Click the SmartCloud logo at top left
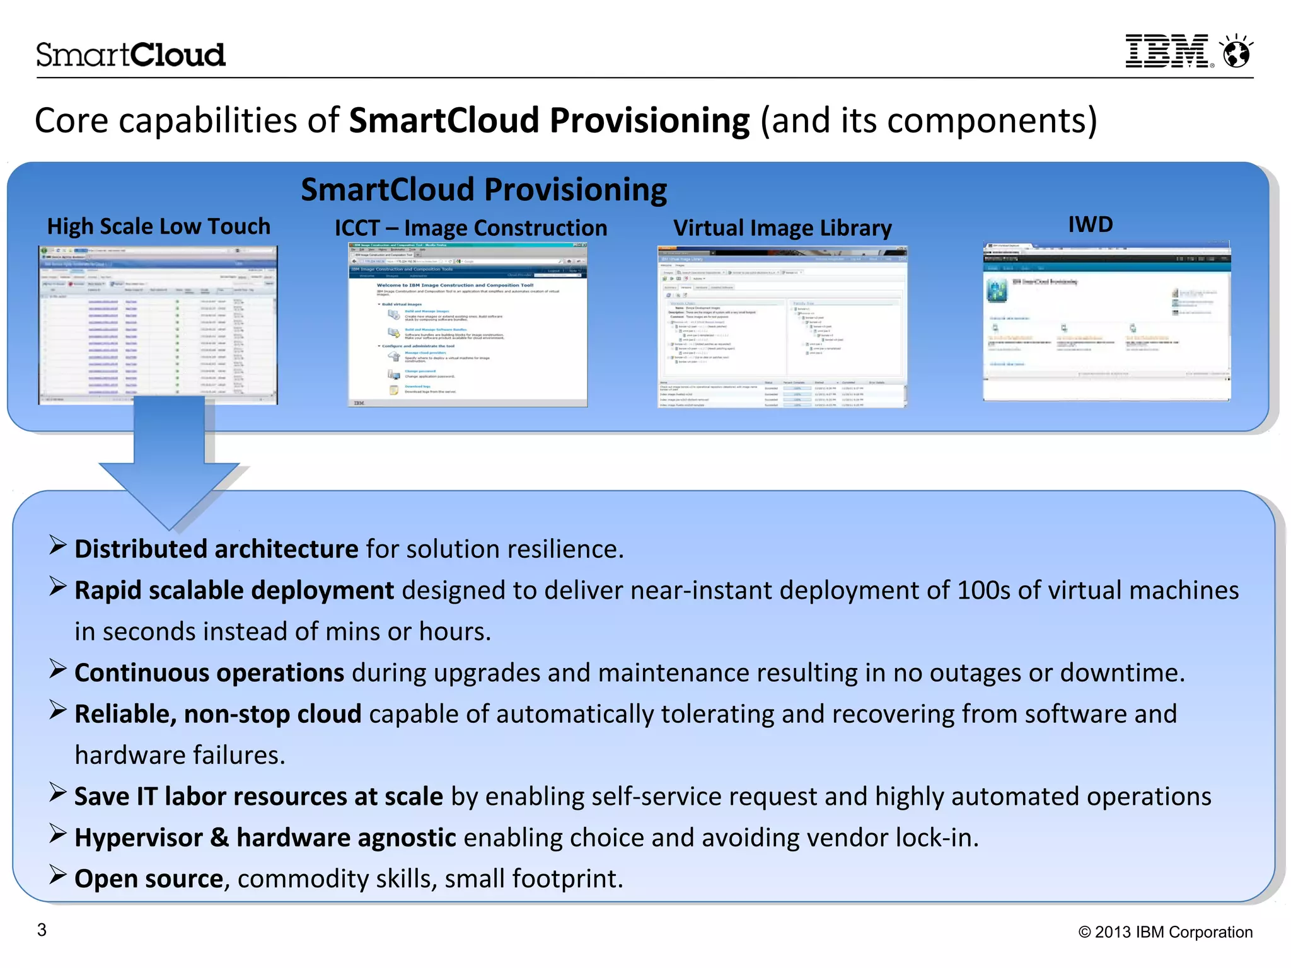pos(130,55)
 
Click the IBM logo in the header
pos(1168,51)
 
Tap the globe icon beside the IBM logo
pos(1236,52)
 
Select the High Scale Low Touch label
pos(159,226)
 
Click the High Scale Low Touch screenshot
pos(158,325)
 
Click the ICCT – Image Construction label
pos(470,228)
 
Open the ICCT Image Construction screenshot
pos(468,325)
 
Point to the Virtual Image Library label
pos(782,228)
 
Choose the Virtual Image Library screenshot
pos(782,327)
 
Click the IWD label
pos(1091,224)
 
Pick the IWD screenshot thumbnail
pos(1106,321)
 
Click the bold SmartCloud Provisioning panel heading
pos(483,190)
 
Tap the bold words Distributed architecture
pos(216,550)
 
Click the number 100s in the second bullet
pos(983,591)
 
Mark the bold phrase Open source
pos(149,879)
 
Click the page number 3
pos(42,930)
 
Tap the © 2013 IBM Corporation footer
pos(1166,932)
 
